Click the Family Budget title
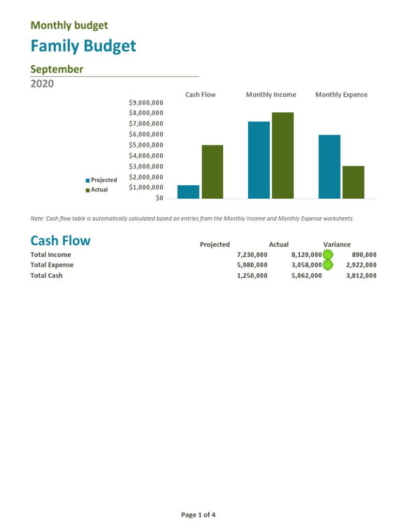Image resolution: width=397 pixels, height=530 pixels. coord(83,46)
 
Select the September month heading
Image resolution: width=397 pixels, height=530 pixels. coord(57,69)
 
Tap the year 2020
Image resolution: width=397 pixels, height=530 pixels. coord(42,83)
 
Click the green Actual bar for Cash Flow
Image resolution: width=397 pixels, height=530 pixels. coord(212,171)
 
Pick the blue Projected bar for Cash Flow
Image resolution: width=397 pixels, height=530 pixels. coord(188,192)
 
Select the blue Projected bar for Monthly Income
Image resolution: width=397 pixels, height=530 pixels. coord(259,160)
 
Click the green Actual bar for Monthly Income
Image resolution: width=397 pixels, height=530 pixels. coord(283,155)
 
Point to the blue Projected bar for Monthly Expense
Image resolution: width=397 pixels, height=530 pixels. coord(329,166)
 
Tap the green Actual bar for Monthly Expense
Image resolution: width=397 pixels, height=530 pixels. coord(353,182)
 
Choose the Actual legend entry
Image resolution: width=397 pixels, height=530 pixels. coord(99,190)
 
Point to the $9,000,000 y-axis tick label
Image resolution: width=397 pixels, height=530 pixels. coord(146,102)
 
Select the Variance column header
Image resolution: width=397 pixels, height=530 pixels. coord(337,244)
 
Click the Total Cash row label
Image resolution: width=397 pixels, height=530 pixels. coord(47,275)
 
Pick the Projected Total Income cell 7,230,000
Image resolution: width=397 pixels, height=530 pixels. coord(252,255)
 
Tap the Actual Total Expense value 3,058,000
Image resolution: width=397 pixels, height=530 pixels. coord(307,265)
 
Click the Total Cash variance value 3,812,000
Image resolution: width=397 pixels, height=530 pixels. coord(361,275)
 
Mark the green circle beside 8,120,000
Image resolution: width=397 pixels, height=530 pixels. coord(328,255)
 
